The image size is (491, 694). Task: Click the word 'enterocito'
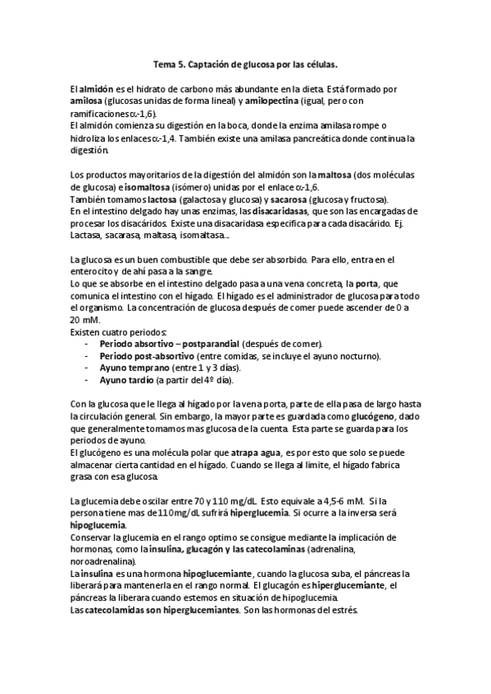coord(92,272)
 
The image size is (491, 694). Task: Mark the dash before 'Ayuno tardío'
coord(87,381)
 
